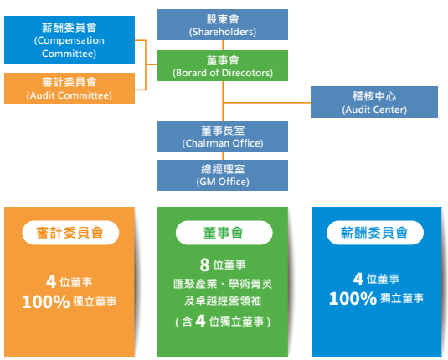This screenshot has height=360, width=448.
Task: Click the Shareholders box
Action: click(223, 24)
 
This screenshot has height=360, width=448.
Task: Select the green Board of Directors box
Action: click(223, 65)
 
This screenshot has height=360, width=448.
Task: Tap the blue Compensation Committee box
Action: click(70, 40)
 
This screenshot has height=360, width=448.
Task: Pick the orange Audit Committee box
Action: click(70, 88)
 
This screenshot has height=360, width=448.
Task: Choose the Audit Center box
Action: click(374, 102)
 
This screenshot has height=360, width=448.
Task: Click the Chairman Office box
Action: click(223, 136)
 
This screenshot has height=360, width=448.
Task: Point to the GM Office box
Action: click(223, 176)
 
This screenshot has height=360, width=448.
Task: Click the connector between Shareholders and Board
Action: click(223, 45)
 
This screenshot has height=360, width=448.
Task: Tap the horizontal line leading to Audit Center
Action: click(267, 103)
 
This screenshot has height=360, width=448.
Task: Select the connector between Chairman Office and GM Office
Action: click(223, 156)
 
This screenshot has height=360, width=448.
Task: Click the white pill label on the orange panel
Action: click(70, 233)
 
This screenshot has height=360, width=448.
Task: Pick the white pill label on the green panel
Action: click(224, 233)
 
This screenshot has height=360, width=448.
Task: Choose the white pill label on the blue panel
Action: click(375, 233)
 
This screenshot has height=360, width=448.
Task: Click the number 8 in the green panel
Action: click(204, 265)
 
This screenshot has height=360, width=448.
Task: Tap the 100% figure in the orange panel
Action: click(46, 301)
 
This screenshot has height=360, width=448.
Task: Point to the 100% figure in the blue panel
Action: click(353, 299)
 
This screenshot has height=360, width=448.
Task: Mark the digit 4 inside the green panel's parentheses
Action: click(201, 321)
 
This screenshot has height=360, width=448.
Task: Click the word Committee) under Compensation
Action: click(70, 54)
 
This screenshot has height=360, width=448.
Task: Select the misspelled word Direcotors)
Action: click(247, 73)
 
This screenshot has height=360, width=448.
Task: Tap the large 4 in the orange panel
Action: click(51, 281)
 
